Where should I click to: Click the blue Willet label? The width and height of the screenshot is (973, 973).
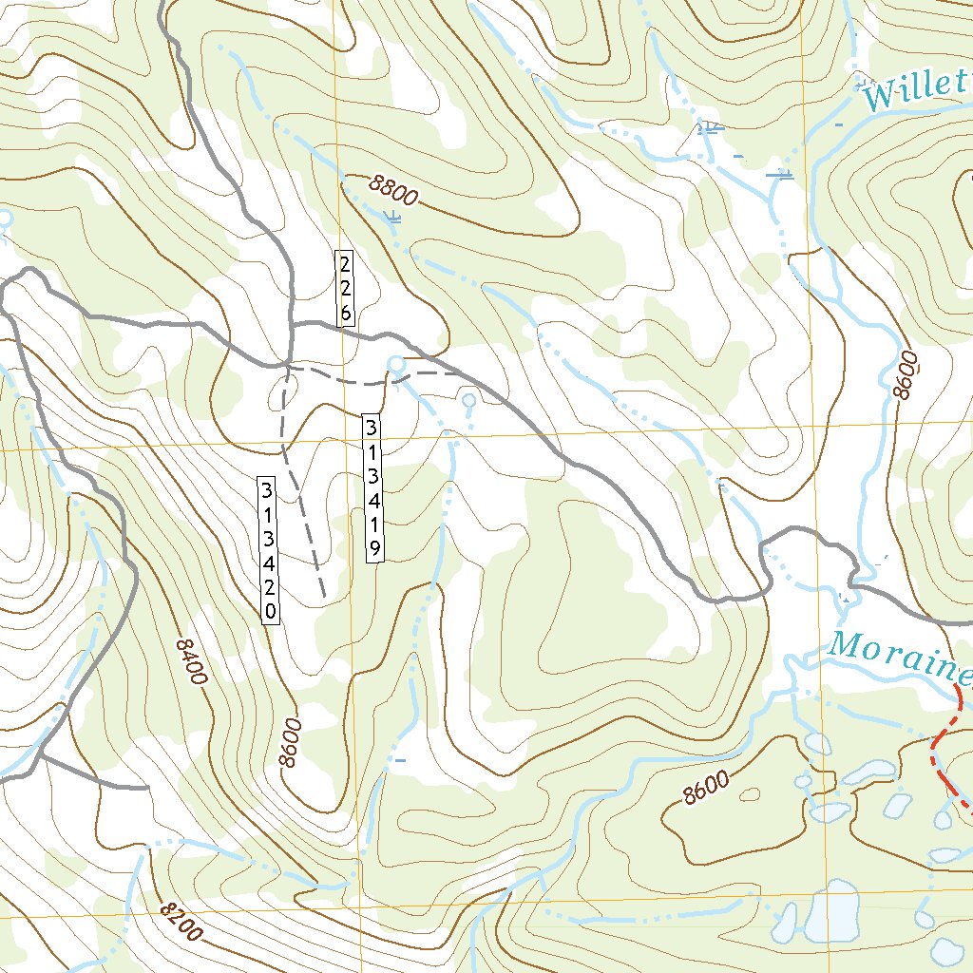[914, 93]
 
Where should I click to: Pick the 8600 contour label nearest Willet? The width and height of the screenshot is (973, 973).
[908, 374]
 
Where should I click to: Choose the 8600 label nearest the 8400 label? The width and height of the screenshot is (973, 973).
[290, 743]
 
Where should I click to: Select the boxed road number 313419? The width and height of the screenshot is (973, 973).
[374, 486]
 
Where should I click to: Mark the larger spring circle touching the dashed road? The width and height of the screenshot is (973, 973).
[396, 364]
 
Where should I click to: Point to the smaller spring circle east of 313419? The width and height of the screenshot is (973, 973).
[467, 401]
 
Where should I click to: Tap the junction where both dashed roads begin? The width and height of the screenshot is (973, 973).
[288, 365]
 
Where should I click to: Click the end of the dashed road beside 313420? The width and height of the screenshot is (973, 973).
[324, 597]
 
